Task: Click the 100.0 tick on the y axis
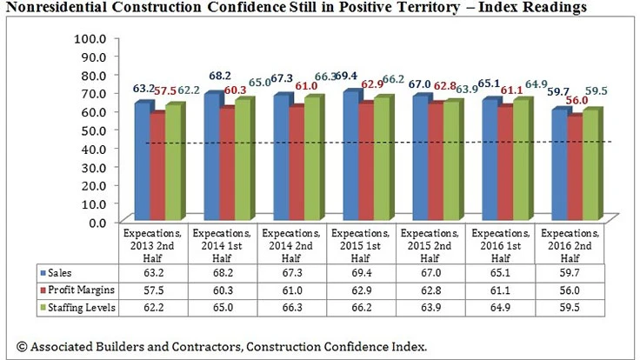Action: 90,39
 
